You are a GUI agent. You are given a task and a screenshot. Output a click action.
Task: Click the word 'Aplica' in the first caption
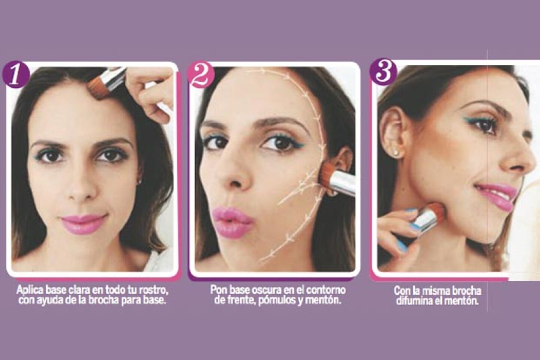[28, 290]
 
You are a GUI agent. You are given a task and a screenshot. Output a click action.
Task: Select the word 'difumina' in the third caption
[414, 302]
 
